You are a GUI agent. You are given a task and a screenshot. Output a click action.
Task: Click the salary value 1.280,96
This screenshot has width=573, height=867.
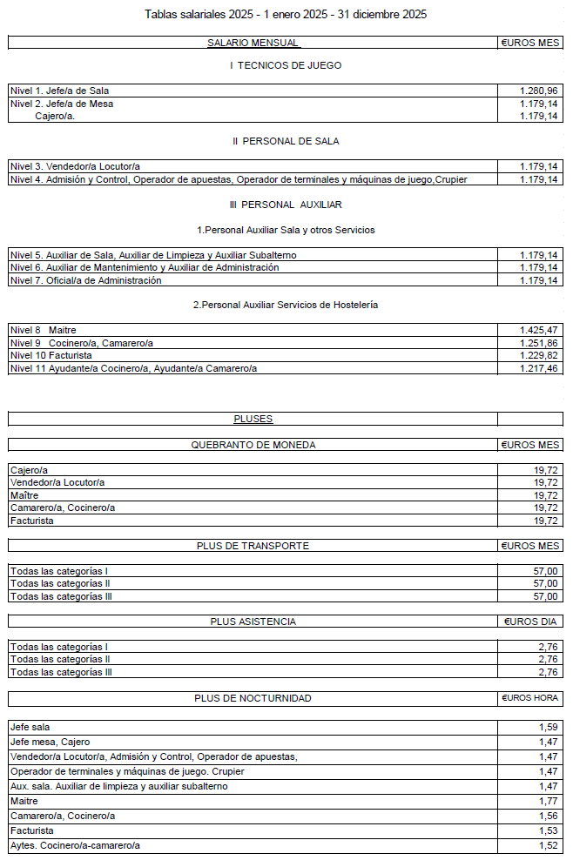[538, 91]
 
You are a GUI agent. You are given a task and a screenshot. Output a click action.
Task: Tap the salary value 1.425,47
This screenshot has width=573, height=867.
[538, 330]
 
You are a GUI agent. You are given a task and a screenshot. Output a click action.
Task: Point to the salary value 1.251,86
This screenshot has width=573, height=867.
[538, 343]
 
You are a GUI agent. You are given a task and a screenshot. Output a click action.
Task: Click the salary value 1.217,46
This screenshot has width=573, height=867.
[538, 368]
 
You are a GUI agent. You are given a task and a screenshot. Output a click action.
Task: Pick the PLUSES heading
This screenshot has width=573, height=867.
[253, 419]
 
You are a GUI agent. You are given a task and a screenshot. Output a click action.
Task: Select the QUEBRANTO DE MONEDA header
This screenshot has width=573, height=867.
[253, 445]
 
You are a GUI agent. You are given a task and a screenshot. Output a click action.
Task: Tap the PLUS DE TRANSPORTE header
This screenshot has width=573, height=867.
[253, 546]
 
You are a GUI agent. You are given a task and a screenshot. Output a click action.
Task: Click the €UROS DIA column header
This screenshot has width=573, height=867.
[531, 622]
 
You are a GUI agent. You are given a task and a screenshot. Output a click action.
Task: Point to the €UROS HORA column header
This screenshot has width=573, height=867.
[530, 698]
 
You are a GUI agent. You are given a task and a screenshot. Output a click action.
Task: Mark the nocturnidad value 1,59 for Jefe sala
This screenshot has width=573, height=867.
[548, 727]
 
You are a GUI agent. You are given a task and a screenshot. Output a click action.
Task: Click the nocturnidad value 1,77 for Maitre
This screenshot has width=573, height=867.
[548, 801]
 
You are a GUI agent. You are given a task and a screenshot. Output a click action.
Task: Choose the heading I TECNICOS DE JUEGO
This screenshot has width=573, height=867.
[286, 65]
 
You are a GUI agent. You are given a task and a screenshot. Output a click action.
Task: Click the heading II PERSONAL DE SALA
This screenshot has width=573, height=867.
[286, 141]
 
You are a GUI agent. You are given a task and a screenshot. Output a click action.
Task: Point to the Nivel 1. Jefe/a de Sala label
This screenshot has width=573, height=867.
[59, 91]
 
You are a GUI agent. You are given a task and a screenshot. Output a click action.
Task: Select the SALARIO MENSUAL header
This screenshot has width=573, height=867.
[253, 43]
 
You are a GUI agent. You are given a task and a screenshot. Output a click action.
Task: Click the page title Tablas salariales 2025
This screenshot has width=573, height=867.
[286, 15]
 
